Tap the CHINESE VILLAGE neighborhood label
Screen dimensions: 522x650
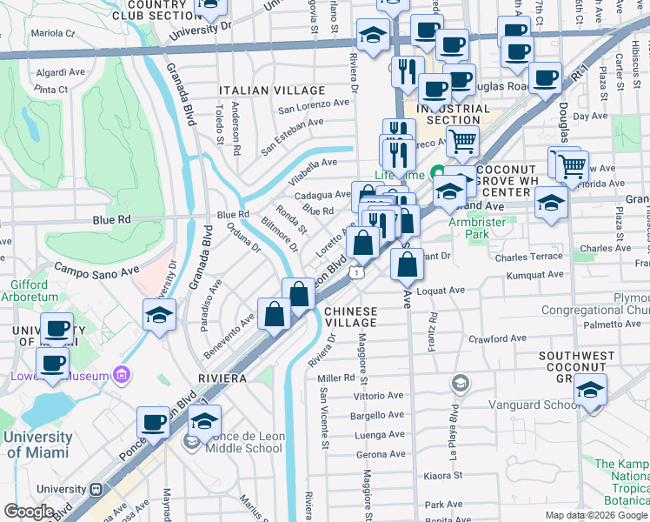coord(352,317)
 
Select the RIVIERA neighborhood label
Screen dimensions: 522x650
coord(222,379)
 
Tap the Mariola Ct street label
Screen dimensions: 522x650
coord(52,34)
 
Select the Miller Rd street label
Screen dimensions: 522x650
coord(336,378)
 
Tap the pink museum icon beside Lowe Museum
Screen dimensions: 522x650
coord(122,376)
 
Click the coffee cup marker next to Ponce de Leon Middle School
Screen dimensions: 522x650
coord(154,423)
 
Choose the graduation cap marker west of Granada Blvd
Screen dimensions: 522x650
coord(160,314)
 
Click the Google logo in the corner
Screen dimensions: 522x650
coord(29,512)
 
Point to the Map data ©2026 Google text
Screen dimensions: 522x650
coord(595,515)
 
